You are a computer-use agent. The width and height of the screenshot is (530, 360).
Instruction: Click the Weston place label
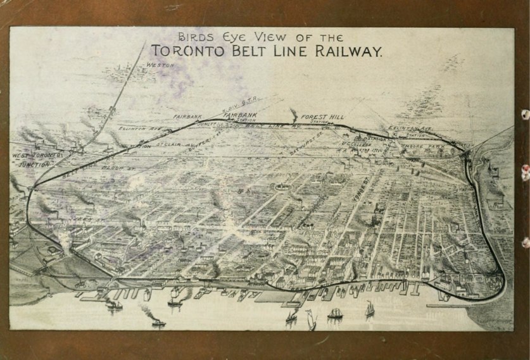coord(160,65)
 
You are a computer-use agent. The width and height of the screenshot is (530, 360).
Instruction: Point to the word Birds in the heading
coord(193,37)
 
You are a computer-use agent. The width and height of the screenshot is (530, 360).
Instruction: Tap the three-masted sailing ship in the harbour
coord(334,313)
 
